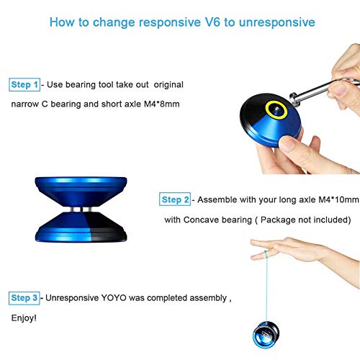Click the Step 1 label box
click(x=25, y=85)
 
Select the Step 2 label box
click(x=176, y=199)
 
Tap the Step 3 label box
click(x=25, y=297)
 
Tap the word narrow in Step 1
click(x=25, y=104)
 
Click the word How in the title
click(x=62, y=22)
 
